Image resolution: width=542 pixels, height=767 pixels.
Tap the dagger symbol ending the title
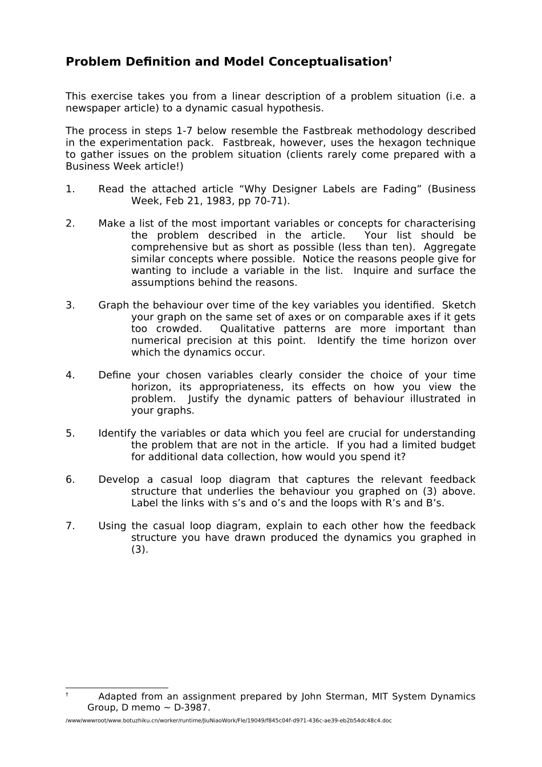tap(390, 58)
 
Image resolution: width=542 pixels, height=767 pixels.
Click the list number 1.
tap(70, 189)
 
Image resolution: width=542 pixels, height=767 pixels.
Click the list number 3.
tap(70, 305)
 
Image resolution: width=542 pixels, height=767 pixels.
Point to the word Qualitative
tap(248, 329)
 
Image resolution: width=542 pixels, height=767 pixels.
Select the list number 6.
tap(70, 479)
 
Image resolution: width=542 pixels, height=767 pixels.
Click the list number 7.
tap(70, 526)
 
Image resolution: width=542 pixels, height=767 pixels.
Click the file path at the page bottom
tap(229, 721)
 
